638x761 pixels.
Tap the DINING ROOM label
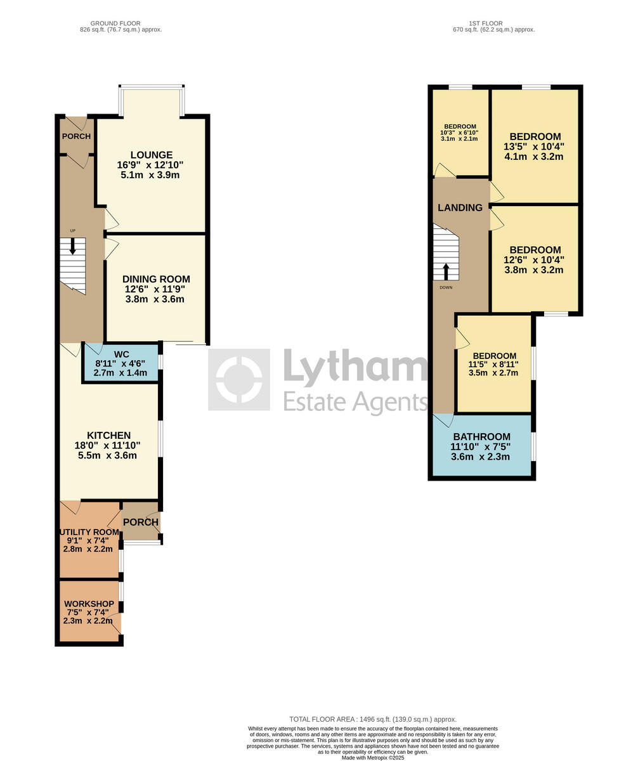155,279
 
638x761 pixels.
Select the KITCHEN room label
108,436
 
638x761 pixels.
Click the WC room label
121,354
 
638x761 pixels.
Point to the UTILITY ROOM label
89,532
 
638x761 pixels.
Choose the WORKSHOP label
89,604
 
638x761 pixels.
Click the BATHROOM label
481,437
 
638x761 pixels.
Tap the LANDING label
460,207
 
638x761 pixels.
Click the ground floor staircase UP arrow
73,245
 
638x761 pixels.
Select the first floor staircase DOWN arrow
446,271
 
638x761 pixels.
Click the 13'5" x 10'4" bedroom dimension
533,146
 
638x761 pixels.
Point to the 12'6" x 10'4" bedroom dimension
533,260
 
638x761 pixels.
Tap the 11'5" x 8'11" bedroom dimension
493,365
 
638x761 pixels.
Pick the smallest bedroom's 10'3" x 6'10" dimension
459,133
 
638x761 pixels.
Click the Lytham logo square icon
239,380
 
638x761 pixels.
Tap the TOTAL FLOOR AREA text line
373,719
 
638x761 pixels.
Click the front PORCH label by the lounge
76,136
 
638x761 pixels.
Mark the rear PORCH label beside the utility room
140,522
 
